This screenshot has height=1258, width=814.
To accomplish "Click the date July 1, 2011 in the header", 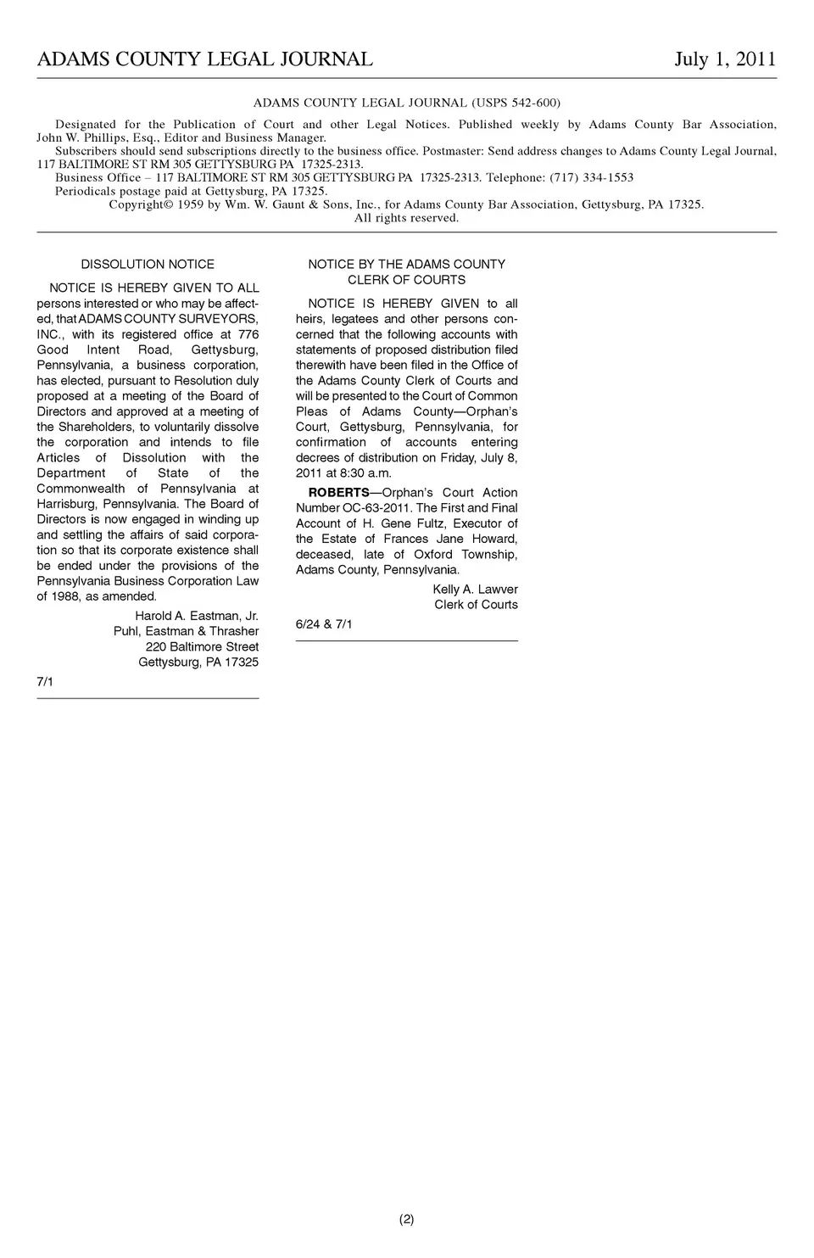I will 725,59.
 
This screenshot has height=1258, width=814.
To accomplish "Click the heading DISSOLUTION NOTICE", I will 148,265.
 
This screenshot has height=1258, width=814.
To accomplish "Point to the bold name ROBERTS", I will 338,493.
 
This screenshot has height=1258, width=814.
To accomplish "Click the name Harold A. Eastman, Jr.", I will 197,616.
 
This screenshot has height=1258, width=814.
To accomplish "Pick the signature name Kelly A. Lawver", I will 475,590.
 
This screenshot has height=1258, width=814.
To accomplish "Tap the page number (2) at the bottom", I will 407,1219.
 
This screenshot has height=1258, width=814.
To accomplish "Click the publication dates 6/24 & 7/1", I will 324,624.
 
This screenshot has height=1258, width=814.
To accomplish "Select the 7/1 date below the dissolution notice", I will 45,681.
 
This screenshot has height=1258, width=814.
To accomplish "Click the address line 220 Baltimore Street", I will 202,646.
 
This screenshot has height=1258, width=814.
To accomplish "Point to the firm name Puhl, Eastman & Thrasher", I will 187,631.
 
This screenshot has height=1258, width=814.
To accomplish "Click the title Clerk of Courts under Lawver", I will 476,605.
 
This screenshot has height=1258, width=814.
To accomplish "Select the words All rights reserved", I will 406,218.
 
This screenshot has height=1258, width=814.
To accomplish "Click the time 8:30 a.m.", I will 365,473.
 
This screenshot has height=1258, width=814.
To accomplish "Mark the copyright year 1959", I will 191,204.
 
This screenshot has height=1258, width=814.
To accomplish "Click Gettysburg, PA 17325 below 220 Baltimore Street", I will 198,662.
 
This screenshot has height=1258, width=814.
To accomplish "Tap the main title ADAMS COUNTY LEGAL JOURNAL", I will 205,59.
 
